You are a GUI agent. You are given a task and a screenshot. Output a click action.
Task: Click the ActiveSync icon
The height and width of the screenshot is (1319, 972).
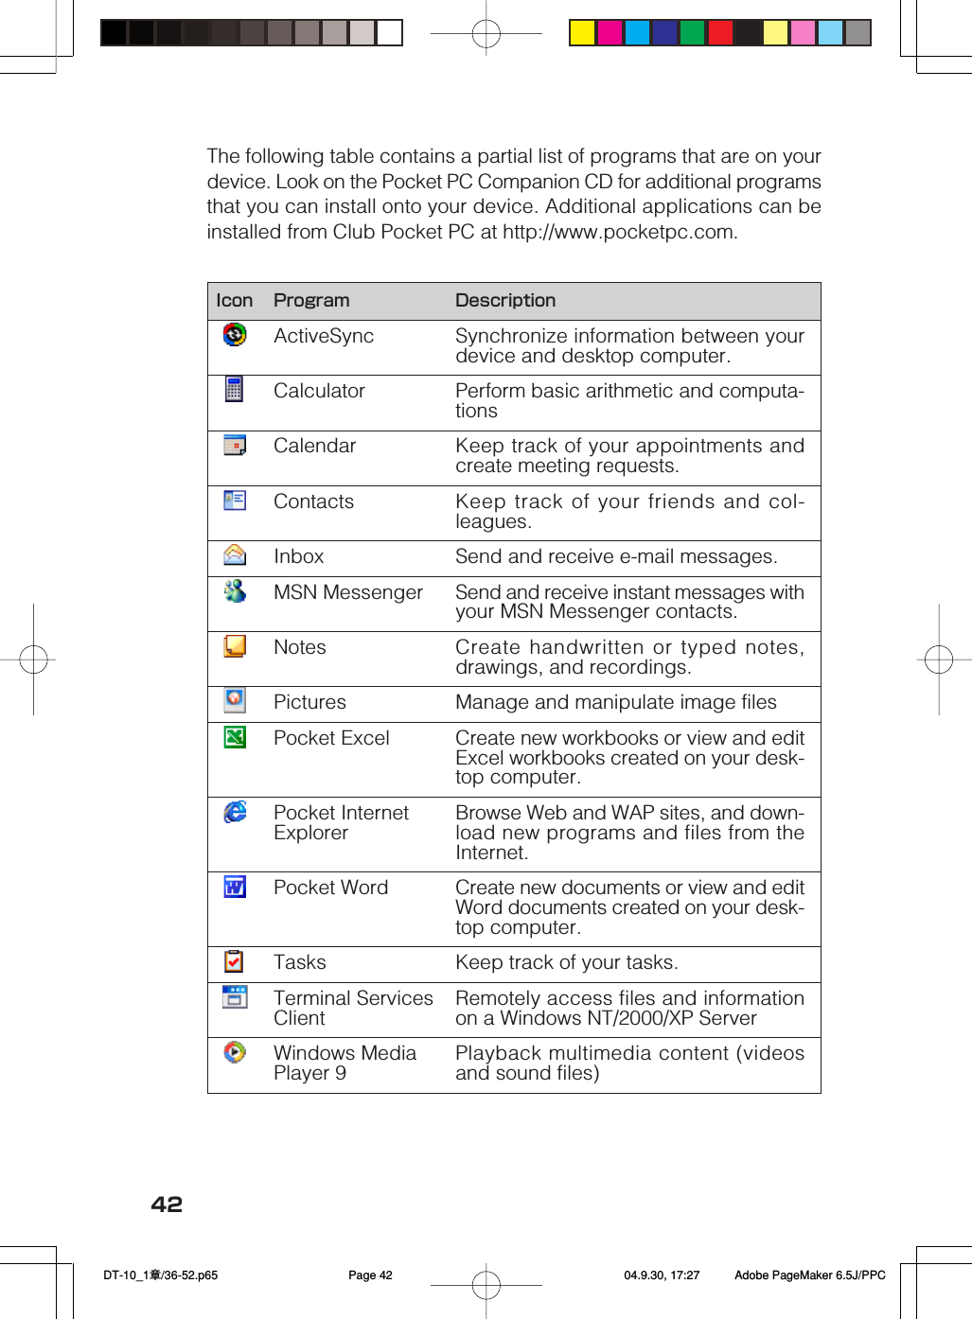coord(235,335)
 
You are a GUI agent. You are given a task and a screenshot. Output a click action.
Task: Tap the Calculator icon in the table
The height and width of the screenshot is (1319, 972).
coord(235,389)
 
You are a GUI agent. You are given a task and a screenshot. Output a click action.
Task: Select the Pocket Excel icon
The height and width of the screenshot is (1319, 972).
coord(235,737)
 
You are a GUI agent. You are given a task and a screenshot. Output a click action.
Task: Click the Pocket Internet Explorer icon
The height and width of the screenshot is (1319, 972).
coord(235,812)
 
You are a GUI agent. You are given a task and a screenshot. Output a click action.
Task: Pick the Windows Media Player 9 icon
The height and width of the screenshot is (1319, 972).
coord(235,1052)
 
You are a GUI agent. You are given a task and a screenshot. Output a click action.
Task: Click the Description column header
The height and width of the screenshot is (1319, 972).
coord(505,301)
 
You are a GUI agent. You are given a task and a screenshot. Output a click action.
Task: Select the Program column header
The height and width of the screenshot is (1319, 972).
coord(311,301)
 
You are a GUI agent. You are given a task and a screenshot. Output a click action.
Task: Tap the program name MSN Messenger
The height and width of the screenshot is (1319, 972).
coord(347,592)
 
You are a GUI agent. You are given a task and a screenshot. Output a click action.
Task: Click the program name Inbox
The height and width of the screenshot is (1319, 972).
coord(298,556)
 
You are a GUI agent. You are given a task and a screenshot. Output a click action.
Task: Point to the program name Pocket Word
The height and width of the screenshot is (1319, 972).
coord(330,888)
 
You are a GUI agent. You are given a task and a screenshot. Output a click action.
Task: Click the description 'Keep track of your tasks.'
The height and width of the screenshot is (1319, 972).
coord(566,962)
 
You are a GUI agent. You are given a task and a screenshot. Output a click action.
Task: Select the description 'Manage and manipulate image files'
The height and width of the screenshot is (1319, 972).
coord(615,702)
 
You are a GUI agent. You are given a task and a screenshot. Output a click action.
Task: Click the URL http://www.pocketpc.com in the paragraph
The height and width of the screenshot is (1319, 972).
coord(619,232)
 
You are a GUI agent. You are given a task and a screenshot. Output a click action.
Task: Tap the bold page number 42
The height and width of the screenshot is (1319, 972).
coord(167,1205)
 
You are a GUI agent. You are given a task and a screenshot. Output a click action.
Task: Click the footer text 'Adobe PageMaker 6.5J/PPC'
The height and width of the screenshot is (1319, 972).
coord(809,1275)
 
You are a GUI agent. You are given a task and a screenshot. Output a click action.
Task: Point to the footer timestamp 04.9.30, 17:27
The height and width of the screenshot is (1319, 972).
coord(662,1275)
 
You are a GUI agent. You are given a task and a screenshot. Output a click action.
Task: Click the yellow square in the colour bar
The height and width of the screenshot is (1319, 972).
coord(582,33)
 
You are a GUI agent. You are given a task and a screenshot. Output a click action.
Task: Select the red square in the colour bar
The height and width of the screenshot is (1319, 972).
coord(720,33)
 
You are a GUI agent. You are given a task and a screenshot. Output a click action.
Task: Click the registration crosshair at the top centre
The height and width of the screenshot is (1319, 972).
coord(486,34)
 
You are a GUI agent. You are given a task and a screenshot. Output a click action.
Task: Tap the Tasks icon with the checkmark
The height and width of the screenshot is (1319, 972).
coord(234,961)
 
